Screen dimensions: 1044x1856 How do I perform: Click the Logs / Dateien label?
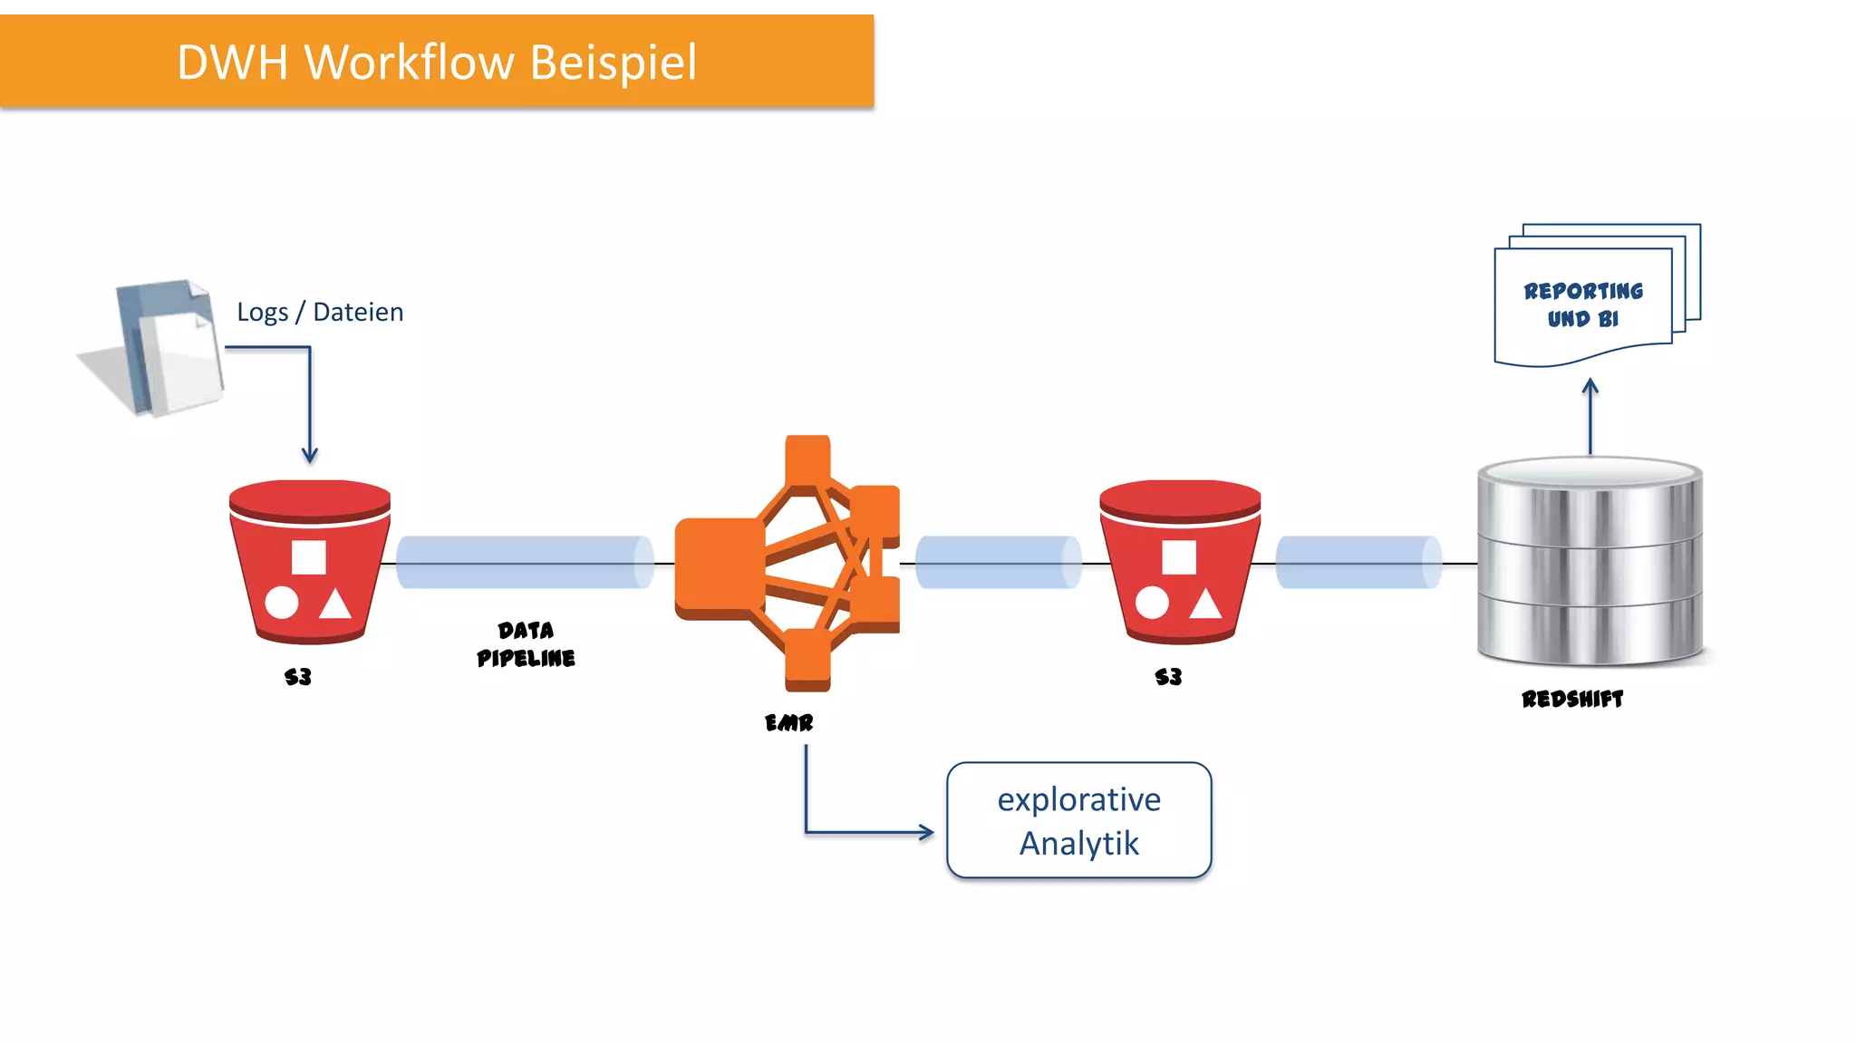(x=320, y=312)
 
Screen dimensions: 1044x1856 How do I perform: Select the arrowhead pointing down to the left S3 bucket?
(x=310, y=455)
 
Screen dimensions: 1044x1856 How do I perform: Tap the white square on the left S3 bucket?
(x=309, y=557)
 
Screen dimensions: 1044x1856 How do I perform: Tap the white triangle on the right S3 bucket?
(x=1205, y=604)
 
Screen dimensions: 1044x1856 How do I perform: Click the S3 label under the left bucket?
(x=298, y=677)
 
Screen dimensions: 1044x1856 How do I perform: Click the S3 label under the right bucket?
(x=1168, y=677)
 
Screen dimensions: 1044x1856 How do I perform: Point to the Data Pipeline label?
(x=526, y=644)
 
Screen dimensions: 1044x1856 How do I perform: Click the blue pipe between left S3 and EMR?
(x=524, y=563)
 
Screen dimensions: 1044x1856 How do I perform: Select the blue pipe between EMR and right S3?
(x=998, y=563)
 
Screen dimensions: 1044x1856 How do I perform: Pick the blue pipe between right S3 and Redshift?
(x=1358, y=563)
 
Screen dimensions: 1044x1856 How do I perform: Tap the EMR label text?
(x=788, y=722)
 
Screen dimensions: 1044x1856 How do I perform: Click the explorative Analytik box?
(x=1078, y=820)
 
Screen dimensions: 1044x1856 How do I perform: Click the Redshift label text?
(x=1572, y=699)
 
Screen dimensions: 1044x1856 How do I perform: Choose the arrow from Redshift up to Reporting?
(x=1590, y=417)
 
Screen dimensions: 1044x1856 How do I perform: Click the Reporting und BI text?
(x=1582, y=304)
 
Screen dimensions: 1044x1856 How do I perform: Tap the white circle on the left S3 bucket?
(x=282, y=603)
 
